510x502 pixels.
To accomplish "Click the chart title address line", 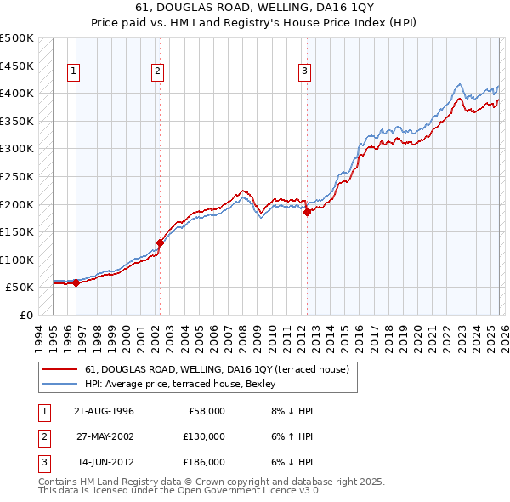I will click(x=255, y=8).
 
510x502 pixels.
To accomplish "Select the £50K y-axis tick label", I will click(x=20, y=288).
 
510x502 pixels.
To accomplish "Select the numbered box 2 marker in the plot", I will click(x=158, y=72).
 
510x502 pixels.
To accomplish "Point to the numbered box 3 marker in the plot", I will click(x=304, y=72).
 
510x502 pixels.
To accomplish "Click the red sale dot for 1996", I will click(x=76, y=283).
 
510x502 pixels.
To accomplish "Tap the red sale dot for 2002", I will click(x=159, y=243).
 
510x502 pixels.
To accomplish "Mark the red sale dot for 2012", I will click(x=307, y=213).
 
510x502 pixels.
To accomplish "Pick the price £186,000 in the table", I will click(x=205, y=462).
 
